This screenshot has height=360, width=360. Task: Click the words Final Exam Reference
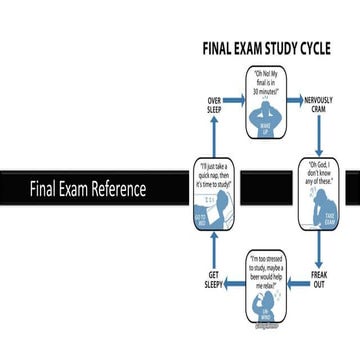point(87,189)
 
